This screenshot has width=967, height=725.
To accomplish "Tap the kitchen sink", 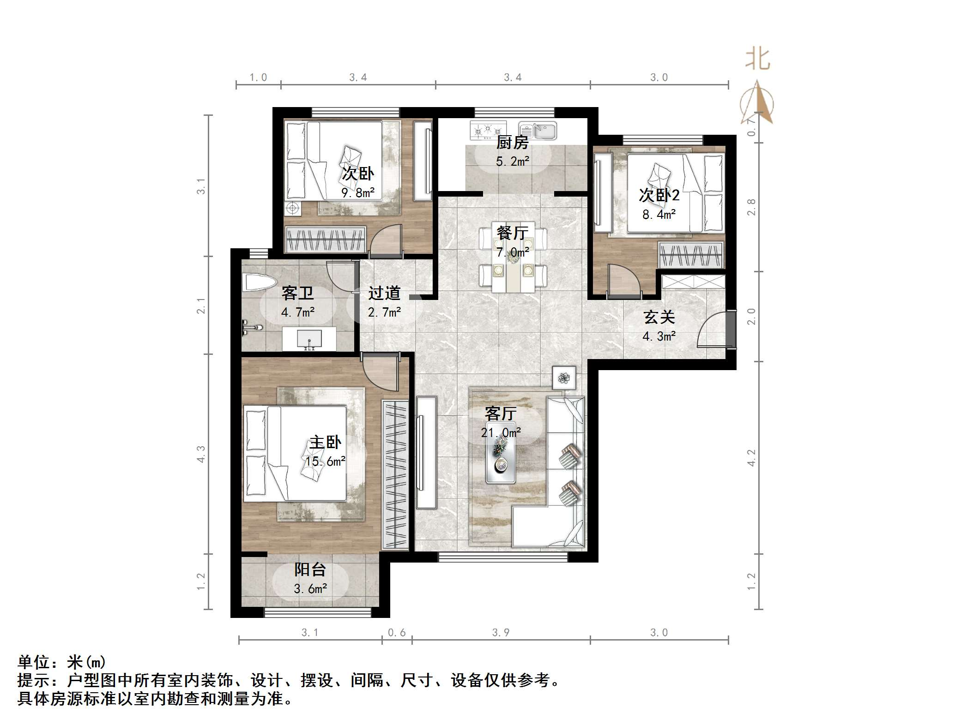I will pos(538,130).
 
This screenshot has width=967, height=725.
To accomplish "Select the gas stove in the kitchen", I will pos(488,130).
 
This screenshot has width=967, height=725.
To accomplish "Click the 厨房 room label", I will pos(512,143).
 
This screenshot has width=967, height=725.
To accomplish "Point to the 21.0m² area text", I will pos(501,432).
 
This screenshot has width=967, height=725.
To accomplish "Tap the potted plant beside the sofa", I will pos(564,378).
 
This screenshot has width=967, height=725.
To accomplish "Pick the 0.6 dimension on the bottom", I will pos(397,632).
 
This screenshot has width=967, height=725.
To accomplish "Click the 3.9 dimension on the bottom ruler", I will pos(501,632).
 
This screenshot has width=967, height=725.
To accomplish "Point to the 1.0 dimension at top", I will pos(258,78).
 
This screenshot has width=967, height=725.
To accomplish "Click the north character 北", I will pos(757,60).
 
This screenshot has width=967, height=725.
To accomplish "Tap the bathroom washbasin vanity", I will pos(309,339).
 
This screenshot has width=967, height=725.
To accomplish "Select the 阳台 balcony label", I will pos(310,569).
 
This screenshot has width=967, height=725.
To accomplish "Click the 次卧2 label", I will pos(659,195).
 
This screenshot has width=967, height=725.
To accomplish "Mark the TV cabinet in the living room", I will pos(426,452).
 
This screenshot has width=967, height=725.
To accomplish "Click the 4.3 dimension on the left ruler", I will pos(201,454).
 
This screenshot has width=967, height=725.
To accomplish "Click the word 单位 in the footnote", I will pos(34,663).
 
